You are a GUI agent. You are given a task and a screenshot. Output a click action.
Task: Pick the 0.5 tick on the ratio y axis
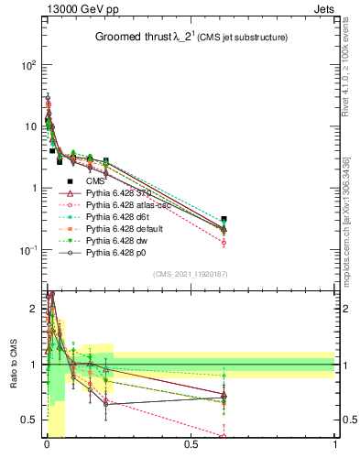coord(30,420)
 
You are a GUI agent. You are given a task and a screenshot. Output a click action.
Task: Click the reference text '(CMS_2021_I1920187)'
coord(191,274)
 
